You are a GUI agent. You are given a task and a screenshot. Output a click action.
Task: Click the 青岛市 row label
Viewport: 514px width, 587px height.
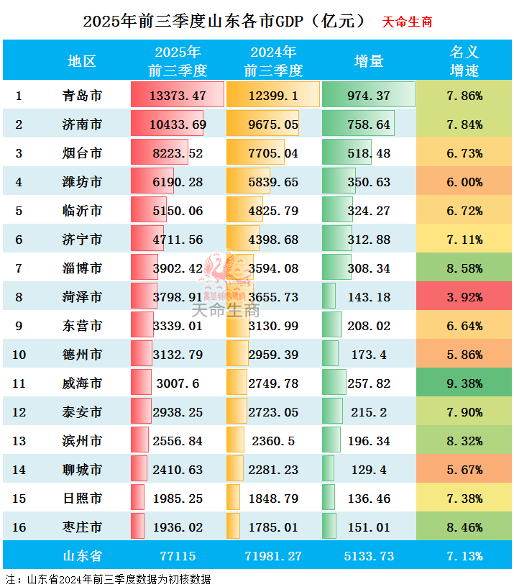[81, 96]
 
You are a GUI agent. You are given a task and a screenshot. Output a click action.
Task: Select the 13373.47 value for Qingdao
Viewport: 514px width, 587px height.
[178, 96]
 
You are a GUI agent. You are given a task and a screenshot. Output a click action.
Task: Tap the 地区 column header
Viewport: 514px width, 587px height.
[81, 61]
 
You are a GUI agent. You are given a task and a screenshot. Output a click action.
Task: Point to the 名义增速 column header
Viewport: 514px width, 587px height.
[464, 61]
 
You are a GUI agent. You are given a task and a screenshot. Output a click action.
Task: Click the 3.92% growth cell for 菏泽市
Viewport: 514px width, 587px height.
[464, 297]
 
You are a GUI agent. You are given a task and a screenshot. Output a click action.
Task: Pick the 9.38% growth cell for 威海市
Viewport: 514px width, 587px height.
[464, 383]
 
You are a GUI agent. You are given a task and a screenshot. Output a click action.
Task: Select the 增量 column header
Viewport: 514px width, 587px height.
[369, 61]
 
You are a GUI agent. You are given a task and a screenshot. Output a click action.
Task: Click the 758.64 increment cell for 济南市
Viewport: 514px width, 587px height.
[369, 124]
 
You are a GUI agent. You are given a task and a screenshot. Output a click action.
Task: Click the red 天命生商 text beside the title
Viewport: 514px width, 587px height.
[407, 22]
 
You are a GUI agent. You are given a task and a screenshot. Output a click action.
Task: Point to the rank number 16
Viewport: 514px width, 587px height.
[19, 527]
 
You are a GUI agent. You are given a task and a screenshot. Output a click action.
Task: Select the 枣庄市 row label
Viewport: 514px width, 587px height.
[81, 527]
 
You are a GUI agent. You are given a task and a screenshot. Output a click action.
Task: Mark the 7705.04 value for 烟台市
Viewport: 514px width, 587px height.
[273, 153]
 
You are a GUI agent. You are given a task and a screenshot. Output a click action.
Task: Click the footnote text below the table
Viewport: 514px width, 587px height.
[108, 578]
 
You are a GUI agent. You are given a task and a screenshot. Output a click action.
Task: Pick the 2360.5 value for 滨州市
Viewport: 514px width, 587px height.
[273, 441]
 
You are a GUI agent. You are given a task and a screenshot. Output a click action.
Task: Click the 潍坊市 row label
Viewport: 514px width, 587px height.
[81, 182]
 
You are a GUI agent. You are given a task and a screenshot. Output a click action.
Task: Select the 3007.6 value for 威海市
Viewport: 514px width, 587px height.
[178, 383]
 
